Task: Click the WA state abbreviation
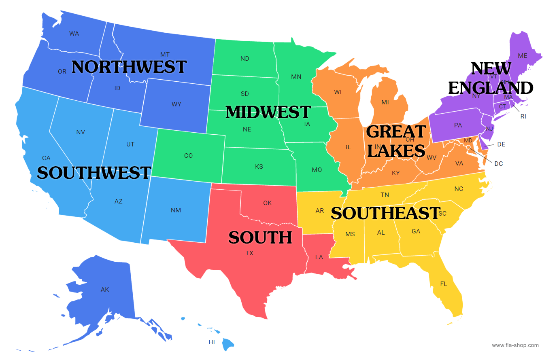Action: [x=74, y=34]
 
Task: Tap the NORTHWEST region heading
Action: [x=129, y=67]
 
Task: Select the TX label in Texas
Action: [x=249, y=253]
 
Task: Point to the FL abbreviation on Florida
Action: [x=444, y=284]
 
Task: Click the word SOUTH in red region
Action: [x=260, y=237]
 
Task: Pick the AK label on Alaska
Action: [x=105, y=290]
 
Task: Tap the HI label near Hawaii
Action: [x=212, y=342]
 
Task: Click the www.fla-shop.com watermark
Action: [x=515, y=345]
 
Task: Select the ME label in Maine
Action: [x=523, y=56]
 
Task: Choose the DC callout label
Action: [x=499, y=164]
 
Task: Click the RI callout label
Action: [x=523, y=116]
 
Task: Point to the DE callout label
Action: [x=501, y=144]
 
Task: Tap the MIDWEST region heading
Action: [x=268, y=112]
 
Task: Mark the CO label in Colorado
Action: [x=188, y=156]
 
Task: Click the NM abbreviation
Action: [x=176, y=210]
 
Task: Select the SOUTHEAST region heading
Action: [x=385, y=213]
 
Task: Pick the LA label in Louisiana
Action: [x=319, y=257]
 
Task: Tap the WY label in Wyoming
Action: [x=176, y=104]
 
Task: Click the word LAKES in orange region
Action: [x=396, y=151]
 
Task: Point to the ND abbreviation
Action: [x=245, y=59]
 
